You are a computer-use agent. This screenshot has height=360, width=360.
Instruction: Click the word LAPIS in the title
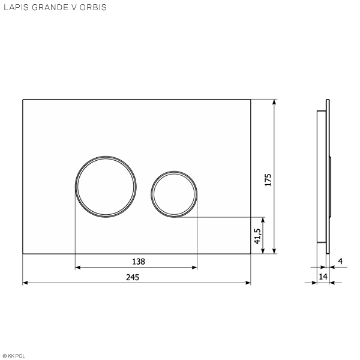tap(16, 7)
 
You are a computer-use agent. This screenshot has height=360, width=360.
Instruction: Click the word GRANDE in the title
tap(50, 7)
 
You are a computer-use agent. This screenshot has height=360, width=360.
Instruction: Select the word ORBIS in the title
tap(93, 7)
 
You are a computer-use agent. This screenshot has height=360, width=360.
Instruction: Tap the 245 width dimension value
tap(133, 277)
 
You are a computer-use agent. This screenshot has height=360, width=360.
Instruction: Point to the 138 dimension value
tap(139, 262)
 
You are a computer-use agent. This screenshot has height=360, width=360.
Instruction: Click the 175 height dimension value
tap(268, 180)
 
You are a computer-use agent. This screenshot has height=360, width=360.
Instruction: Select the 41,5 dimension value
tap(257, 236)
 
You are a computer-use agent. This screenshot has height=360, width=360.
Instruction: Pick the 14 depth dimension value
tap(323, 277)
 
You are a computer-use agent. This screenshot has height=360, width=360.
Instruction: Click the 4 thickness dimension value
tap(340, 261)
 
